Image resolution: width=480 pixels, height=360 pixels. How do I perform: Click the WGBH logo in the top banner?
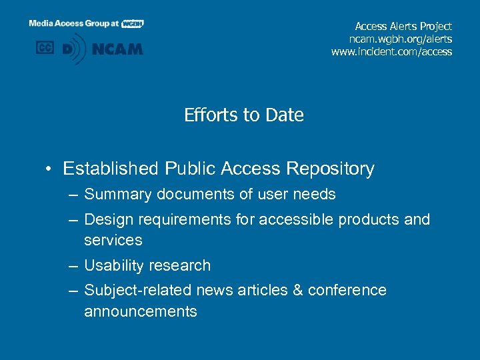133,23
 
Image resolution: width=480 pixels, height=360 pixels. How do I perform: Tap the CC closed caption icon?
45,48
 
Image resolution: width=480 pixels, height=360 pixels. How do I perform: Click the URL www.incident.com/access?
391,51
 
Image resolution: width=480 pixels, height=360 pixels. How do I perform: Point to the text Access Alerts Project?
403,26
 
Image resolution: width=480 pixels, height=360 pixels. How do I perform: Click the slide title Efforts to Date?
243,115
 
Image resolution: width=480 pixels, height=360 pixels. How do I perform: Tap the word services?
113,240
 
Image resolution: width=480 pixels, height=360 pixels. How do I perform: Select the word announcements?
140,311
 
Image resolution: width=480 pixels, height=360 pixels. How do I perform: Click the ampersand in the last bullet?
296,291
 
